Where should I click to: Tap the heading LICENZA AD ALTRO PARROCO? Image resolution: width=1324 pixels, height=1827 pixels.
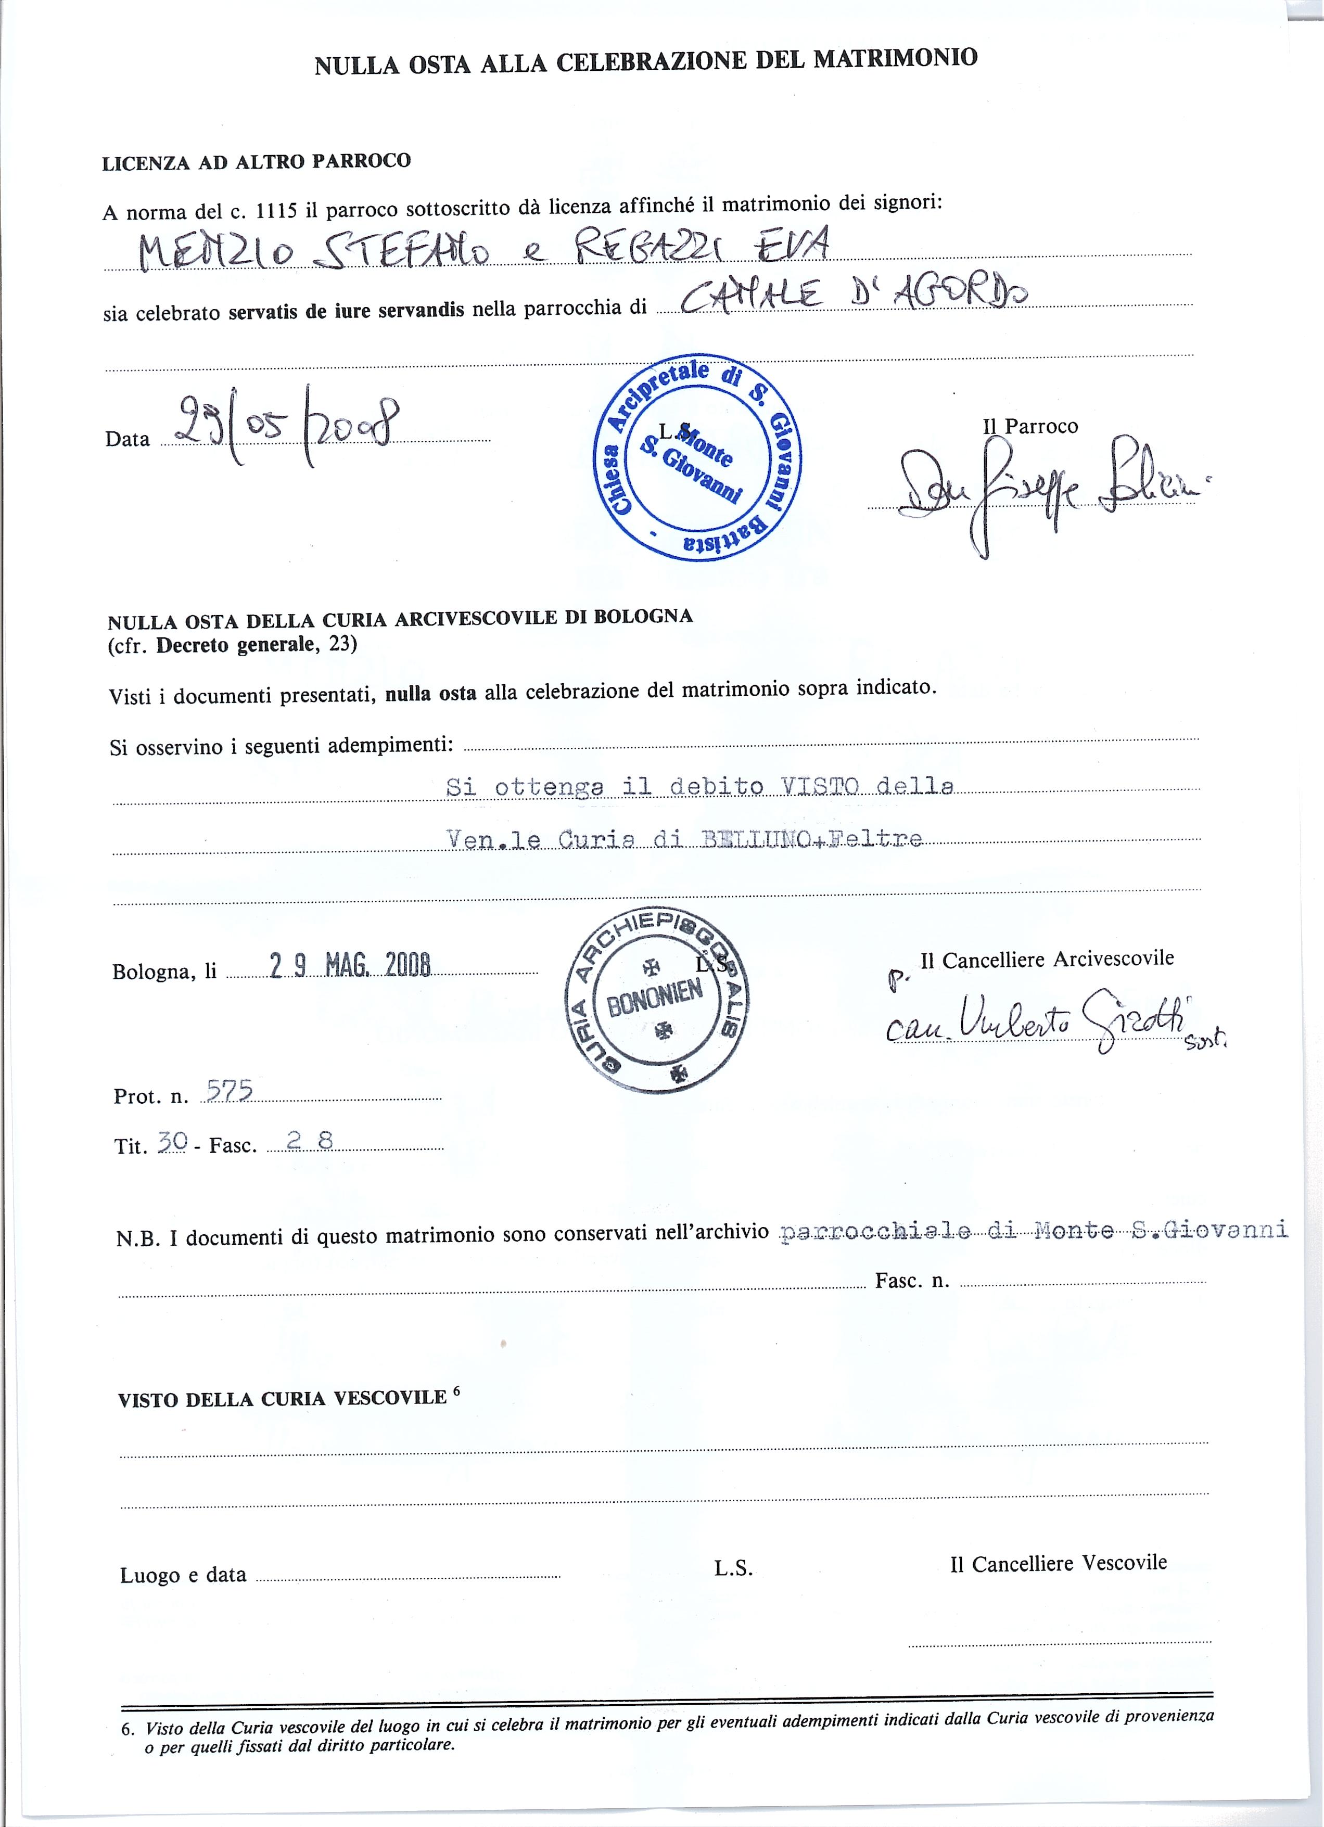[x=256, y=162]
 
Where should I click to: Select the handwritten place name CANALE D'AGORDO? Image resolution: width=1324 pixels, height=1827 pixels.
[x=854, y=298]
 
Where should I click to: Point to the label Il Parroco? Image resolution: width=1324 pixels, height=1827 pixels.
[x=1030, y=426]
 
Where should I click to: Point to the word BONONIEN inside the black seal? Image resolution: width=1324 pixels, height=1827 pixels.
[x=654, y=999]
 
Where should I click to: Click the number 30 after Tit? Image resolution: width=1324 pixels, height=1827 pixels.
[x=172, y=1141]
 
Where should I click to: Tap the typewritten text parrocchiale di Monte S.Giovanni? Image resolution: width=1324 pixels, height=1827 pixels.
[x=1034, y=1230]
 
